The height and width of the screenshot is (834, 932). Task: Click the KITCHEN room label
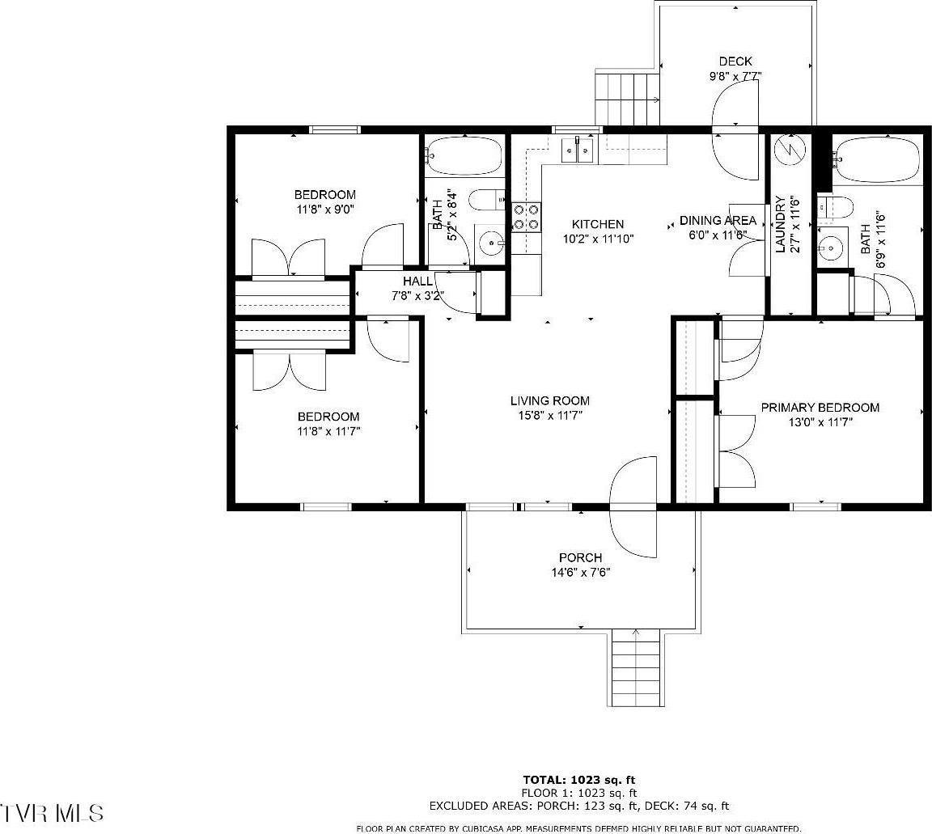598,224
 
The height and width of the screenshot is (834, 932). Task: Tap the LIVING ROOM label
549,400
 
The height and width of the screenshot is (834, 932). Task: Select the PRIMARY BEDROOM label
820,408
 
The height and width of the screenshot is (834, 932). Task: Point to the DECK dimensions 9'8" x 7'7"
735,76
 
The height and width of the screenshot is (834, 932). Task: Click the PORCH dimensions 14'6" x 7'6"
580,572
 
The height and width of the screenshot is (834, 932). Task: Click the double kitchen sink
579,150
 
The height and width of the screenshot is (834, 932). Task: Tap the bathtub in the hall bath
464,155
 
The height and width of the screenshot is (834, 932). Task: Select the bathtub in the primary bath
877,159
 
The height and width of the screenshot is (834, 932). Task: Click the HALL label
417,281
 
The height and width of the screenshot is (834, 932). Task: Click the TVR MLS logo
52,811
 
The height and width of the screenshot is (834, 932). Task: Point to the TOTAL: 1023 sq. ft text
579,780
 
